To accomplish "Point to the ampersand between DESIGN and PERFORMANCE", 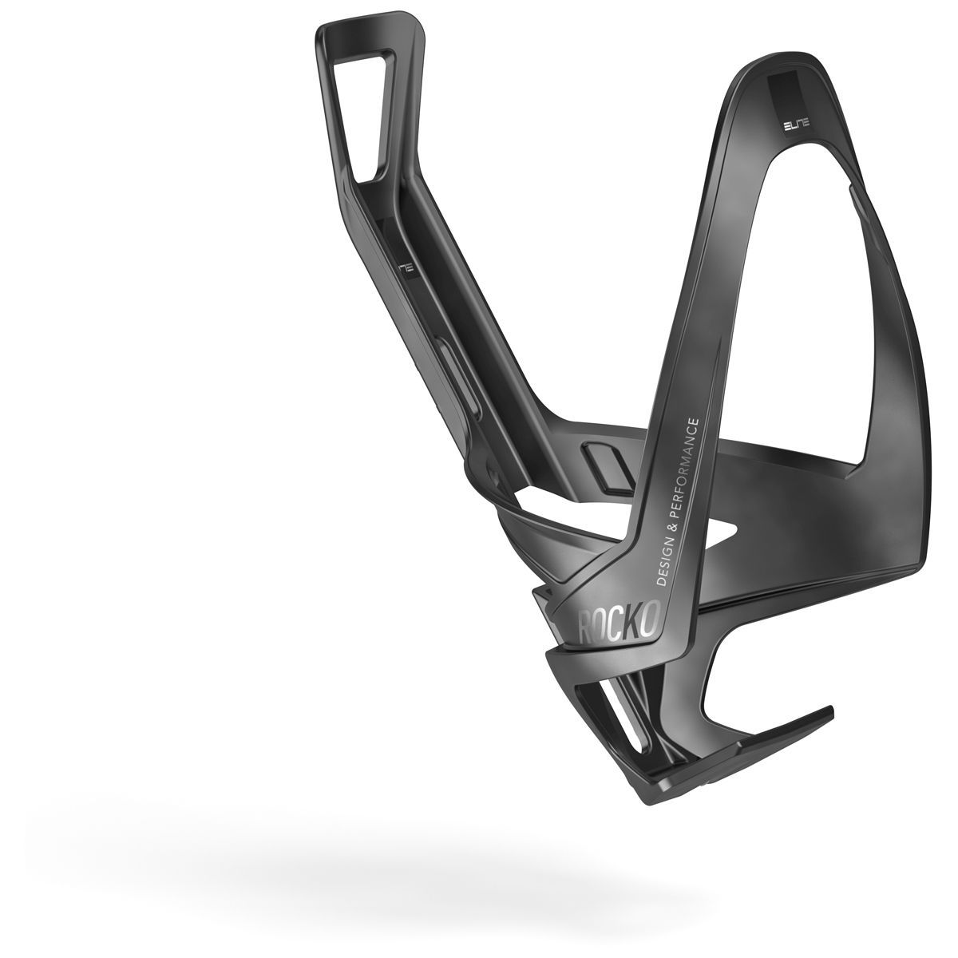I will pos(679,519).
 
